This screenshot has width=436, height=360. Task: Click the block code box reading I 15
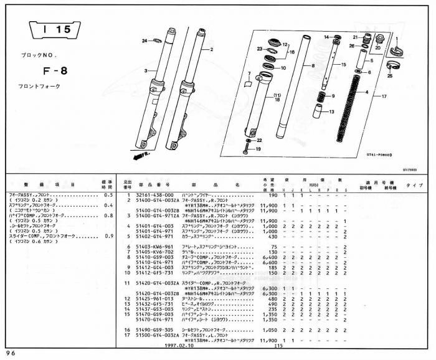coord(54,29)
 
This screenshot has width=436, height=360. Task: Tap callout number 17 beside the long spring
coord(384,96)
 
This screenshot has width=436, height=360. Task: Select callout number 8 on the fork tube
coord(313,65)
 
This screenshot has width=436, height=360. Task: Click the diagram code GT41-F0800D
coord(382,159)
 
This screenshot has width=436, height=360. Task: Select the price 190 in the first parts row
coord(272,196)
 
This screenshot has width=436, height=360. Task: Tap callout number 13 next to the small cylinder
coord(331,111)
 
